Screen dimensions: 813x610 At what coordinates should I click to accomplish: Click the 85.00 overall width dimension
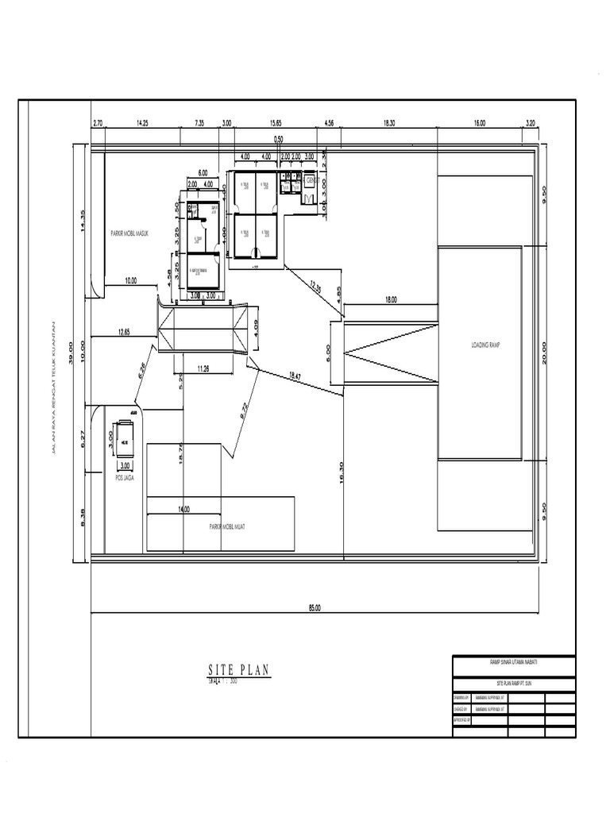315,609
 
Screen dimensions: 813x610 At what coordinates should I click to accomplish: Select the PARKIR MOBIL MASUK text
131,234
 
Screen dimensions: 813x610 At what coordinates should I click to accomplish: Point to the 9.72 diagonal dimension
244,410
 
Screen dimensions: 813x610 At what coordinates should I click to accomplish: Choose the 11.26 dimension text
203,368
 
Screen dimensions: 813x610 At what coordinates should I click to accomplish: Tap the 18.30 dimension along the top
388,124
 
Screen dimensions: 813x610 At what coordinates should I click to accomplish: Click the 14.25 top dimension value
143,124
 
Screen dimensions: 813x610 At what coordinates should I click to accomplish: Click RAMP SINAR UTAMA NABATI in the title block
513,661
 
